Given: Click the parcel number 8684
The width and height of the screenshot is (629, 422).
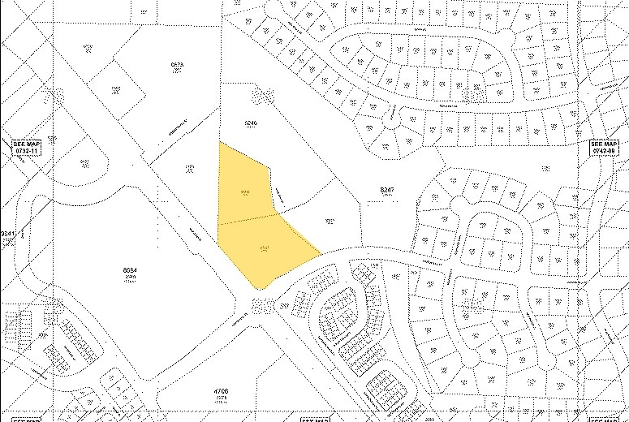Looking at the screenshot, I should [128, 270].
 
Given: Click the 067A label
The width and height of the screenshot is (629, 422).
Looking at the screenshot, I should [178, 64].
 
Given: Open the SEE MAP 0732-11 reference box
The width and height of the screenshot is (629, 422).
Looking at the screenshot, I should [27, 146].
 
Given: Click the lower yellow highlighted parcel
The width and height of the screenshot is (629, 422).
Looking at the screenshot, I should [261, 248].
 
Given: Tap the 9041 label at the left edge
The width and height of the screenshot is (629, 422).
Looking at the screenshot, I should [7, 234].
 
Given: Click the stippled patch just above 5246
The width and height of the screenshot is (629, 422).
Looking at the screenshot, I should [262, 96].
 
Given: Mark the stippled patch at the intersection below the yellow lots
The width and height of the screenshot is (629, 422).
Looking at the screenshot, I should [262, 305].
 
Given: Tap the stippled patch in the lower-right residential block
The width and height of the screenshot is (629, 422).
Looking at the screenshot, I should [467, 304].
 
